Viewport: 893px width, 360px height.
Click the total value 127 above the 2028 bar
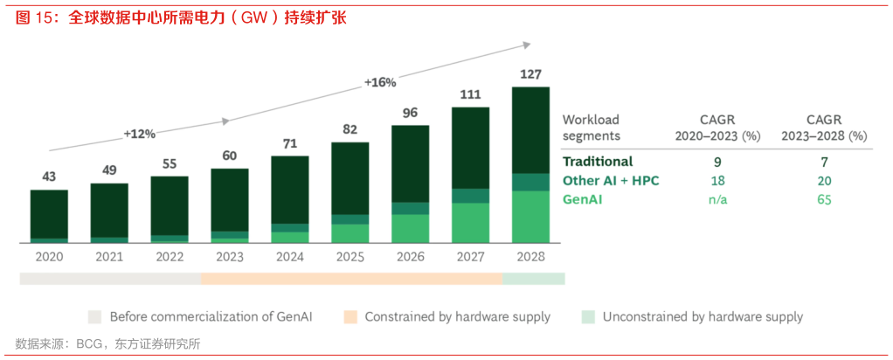(x=530, y=74)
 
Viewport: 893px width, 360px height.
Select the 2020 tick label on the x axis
(x=49, y=257)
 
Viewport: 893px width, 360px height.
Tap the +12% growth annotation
(x=139, y=134)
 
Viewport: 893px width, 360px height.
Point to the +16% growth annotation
(x=380, y=82)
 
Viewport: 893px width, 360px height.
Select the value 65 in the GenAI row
(x=824, y=200)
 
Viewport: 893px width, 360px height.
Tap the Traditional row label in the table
(x=598, y=162)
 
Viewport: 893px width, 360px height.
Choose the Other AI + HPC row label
(x=610, y=181)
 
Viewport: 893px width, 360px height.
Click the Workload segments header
(x=591, y=128)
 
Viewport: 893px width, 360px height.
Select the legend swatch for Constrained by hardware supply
(x=351, y=316)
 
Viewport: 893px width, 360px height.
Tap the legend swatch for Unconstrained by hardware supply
(x=589, y=316)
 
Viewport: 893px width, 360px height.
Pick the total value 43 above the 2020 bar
(x=49, y=177)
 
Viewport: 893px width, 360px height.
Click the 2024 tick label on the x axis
(x=289, y=257)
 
